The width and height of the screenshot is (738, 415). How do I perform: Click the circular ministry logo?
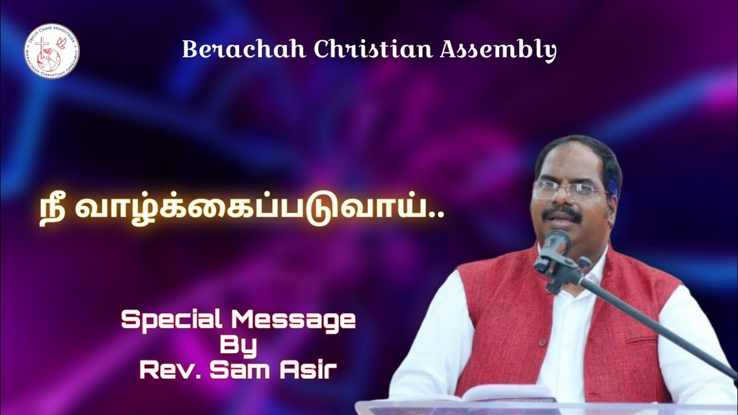[51, 51]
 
